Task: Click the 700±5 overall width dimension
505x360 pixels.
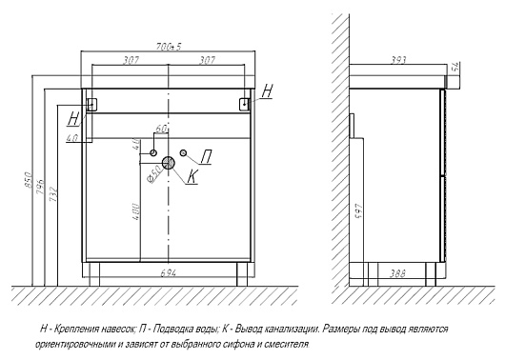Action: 169,47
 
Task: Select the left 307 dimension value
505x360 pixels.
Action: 131,60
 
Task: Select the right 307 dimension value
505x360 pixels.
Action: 207,60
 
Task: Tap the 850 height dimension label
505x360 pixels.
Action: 29,180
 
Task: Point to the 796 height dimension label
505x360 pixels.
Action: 40,187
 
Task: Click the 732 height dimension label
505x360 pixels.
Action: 53,194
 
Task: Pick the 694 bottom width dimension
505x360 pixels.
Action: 169,273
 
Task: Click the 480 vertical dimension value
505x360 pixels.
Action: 135,211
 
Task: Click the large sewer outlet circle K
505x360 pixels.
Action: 168,163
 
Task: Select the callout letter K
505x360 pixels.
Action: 192,176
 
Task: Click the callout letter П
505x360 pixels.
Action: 206,157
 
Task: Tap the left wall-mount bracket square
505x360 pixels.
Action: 91,104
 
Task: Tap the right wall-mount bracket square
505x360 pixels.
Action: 245,104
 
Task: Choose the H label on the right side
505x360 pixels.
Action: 267,91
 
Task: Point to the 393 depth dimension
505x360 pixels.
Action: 398,60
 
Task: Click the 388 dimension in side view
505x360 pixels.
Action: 397,273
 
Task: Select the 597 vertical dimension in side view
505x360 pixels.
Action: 358,210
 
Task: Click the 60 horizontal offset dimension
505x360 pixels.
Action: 161,130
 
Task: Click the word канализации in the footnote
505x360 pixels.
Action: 292,330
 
